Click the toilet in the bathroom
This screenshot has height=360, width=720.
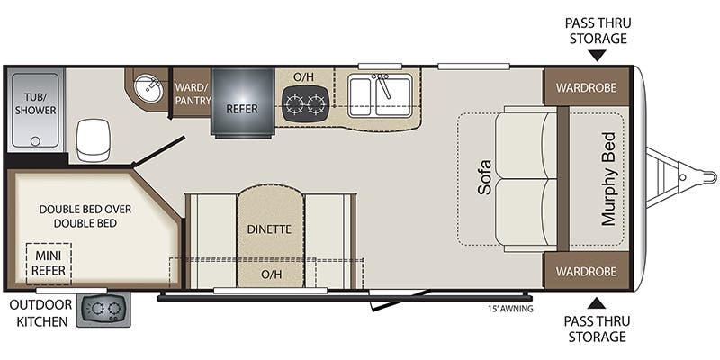coord(94,140)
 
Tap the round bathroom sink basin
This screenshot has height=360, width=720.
coord(148,89)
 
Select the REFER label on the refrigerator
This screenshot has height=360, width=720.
coord(242,109)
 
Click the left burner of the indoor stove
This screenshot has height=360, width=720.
coord(293,104)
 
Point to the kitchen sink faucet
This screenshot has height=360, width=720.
coord(382,85)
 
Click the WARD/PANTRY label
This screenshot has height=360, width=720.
coord(193,94)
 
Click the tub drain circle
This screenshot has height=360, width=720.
coord(35,141)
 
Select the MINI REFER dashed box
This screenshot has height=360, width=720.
coord(49,264)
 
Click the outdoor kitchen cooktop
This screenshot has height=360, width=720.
coord(103,309)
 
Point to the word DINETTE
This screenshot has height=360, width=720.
coord(269,229)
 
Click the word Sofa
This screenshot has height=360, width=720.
coord(484,177)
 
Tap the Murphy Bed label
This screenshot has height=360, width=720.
coord(608,179)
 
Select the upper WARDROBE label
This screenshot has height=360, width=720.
coord(586,87)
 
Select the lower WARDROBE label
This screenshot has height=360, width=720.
coord(586,271)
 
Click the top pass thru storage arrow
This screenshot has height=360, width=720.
coord(597,56)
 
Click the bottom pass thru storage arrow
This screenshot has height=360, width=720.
coord(597,303)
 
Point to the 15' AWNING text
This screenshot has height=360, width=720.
coord(510,309)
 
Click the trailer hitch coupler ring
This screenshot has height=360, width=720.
coord(683,177)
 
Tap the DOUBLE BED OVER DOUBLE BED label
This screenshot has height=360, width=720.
coord(85,216)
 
